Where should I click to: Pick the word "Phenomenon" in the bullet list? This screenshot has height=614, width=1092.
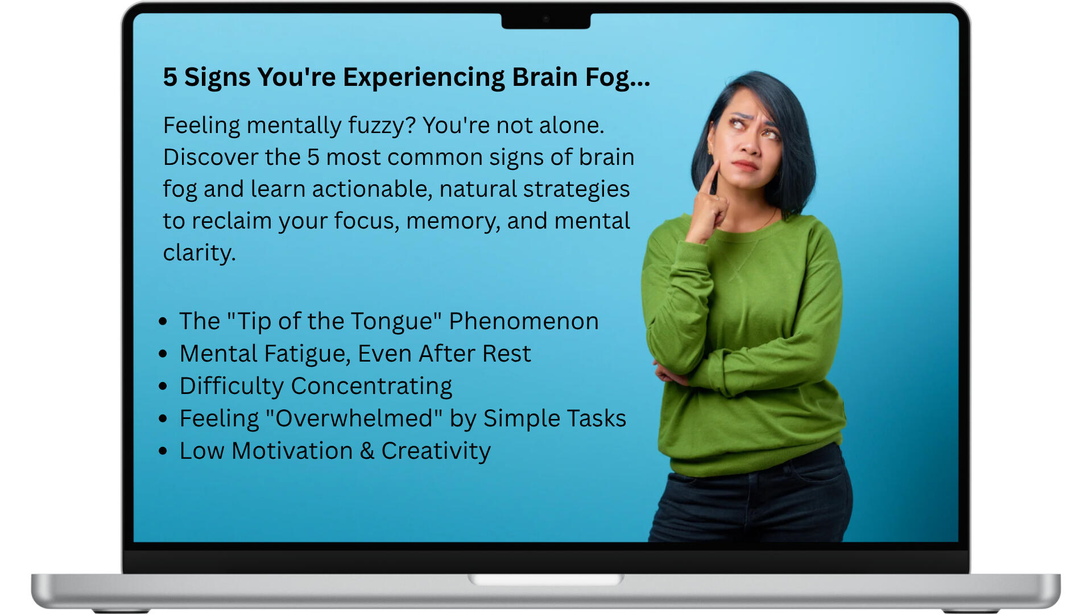[x=524, y=321]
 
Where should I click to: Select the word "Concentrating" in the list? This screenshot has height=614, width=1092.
[x=372, y=387]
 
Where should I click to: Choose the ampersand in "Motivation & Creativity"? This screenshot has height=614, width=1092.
[x=367, y=451]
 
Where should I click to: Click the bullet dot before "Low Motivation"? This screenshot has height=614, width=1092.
[x=163, y=451]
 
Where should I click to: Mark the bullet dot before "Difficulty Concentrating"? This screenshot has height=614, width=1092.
[x=163, y=387]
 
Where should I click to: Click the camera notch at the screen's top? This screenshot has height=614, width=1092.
[x=546, y=20]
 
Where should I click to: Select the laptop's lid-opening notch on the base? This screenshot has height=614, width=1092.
[x=546, y=580]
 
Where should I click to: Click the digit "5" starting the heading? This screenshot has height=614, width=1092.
[x=170, y=77]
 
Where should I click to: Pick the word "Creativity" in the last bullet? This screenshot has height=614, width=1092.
[x=436, y=451]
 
